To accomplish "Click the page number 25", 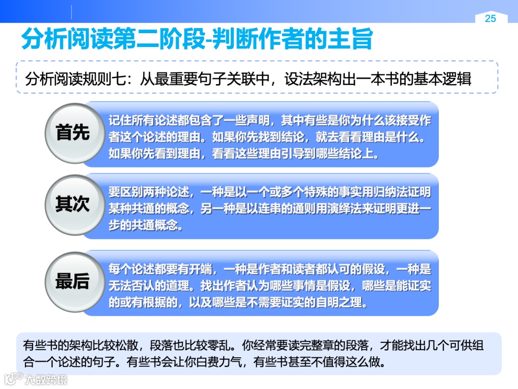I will coord(490,19).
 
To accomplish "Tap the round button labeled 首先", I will coord(72,133).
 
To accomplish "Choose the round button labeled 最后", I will coord(72,281).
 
